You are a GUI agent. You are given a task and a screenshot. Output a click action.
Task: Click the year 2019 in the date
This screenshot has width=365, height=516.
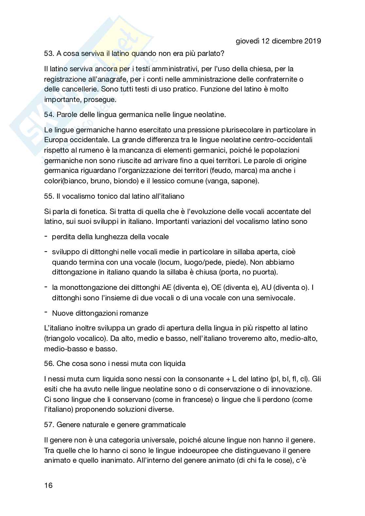pyautogui.click(x=312, y=41)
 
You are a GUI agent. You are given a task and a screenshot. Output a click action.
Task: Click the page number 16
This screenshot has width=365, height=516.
pyautogui.click(x=48, y=485)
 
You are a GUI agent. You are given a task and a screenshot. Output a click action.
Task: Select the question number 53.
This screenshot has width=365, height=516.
pyautogui.click(x=48, y=53)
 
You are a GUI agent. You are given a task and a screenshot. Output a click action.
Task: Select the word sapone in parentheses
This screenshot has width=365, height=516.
pyautogui.click(x=245, y=181)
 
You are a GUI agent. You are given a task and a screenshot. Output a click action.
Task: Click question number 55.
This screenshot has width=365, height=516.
pyautogui.click(x=48, y=196)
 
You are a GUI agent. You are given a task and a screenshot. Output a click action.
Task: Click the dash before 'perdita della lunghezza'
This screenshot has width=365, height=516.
pyautogui.click(x=46, y=236)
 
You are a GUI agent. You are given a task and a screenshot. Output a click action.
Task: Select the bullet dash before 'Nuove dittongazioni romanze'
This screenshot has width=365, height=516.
pyautogui.click(x=46, y=313)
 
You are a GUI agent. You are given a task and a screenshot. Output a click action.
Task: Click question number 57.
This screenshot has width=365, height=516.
pyautogui.click(x=48, y=424)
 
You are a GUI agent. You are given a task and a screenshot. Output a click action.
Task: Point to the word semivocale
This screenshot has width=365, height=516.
pyautogui.click(x=276, y=298)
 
